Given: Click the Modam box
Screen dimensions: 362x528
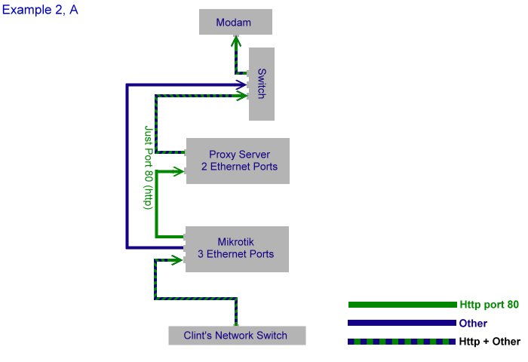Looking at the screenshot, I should pyautogui.click(x=235, y=22).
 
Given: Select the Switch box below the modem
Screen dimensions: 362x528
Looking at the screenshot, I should pyautogui.click(x=262, y=84).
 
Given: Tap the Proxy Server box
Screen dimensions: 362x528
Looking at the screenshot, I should pyautogui.click(x=238, y=161).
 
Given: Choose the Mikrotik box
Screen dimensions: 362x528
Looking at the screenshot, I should pyautogui.click(x=237, y=248).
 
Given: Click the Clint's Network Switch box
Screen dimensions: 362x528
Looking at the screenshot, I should pyautogui.click(x=237, y=335).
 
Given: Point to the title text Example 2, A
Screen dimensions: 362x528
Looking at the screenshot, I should pyautogui.click(x=40, y=11).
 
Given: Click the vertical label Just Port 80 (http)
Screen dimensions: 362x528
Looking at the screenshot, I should pyautogui.click(x=149, y=167).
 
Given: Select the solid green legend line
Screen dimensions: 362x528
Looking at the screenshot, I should pyautogui.click(x=402, y=305).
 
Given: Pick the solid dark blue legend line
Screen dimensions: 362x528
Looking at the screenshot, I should pyautogui.click(x=402, y=323).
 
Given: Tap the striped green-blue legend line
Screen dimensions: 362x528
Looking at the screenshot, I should pyautogui.click(x=402, y=342).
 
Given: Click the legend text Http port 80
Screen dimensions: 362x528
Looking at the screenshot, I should pyautogui.click(x=489, y=305).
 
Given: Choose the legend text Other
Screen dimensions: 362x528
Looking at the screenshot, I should pyautogui.click(x=473, y=324).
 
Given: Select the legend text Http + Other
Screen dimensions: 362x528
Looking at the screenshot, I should pyautogui.click(x=490, y=342).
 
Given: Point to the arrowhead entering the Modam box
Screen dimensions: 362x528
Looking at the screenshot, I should pyautogui.click(x=235, y=39).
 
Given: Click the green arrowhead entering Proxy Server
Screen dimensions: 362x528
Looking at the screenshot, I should pyautogui.click(x=181, y=171).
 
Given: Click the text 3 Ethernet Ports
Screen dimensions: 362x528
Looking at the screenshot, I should pyautogui.click(x=235, y=255).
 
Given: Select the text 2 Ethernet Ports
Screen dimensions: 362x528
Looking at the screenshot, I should pyautogui.click(x=239, y=167).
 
